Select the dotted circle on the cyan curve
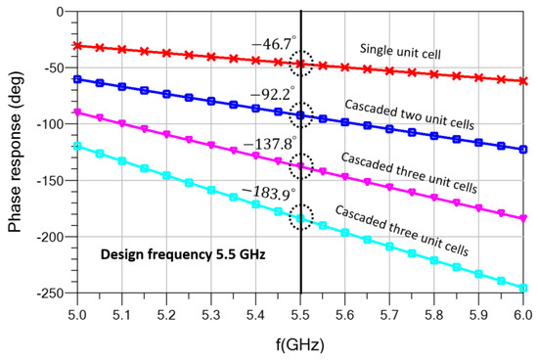pos(301,217)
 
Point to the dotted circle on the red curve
pos(301,64)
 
